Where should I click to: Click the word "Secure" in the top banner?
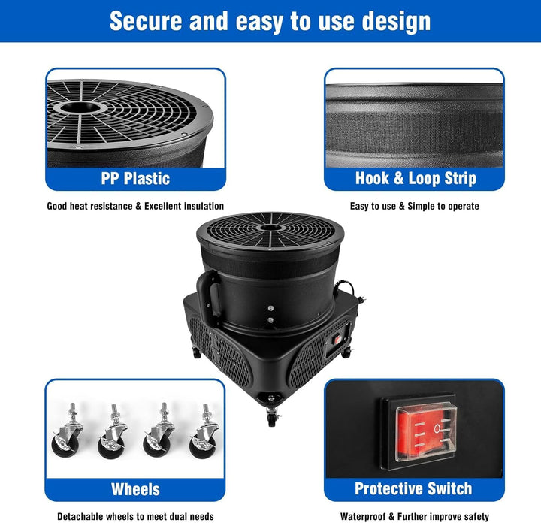point(146,21)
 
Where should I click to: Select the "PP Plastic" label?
point(135,179)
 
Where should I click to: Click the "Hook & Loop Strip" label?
point(416,178)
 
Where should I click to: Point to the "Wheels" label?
point(135,489)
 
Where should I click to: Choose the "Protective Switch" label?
point(413,489)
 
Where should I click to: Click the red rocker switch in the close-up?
point(426,433)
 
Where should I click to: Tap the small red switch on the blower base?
point(337,340)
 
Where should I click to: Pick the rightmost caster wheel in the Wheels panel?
point(204,432)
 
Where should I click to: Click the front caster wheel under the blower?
point(272,418)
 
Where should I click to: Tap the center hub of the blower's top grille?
point(270,228)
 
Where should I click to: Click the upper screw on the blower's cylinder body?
point(270,308)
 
